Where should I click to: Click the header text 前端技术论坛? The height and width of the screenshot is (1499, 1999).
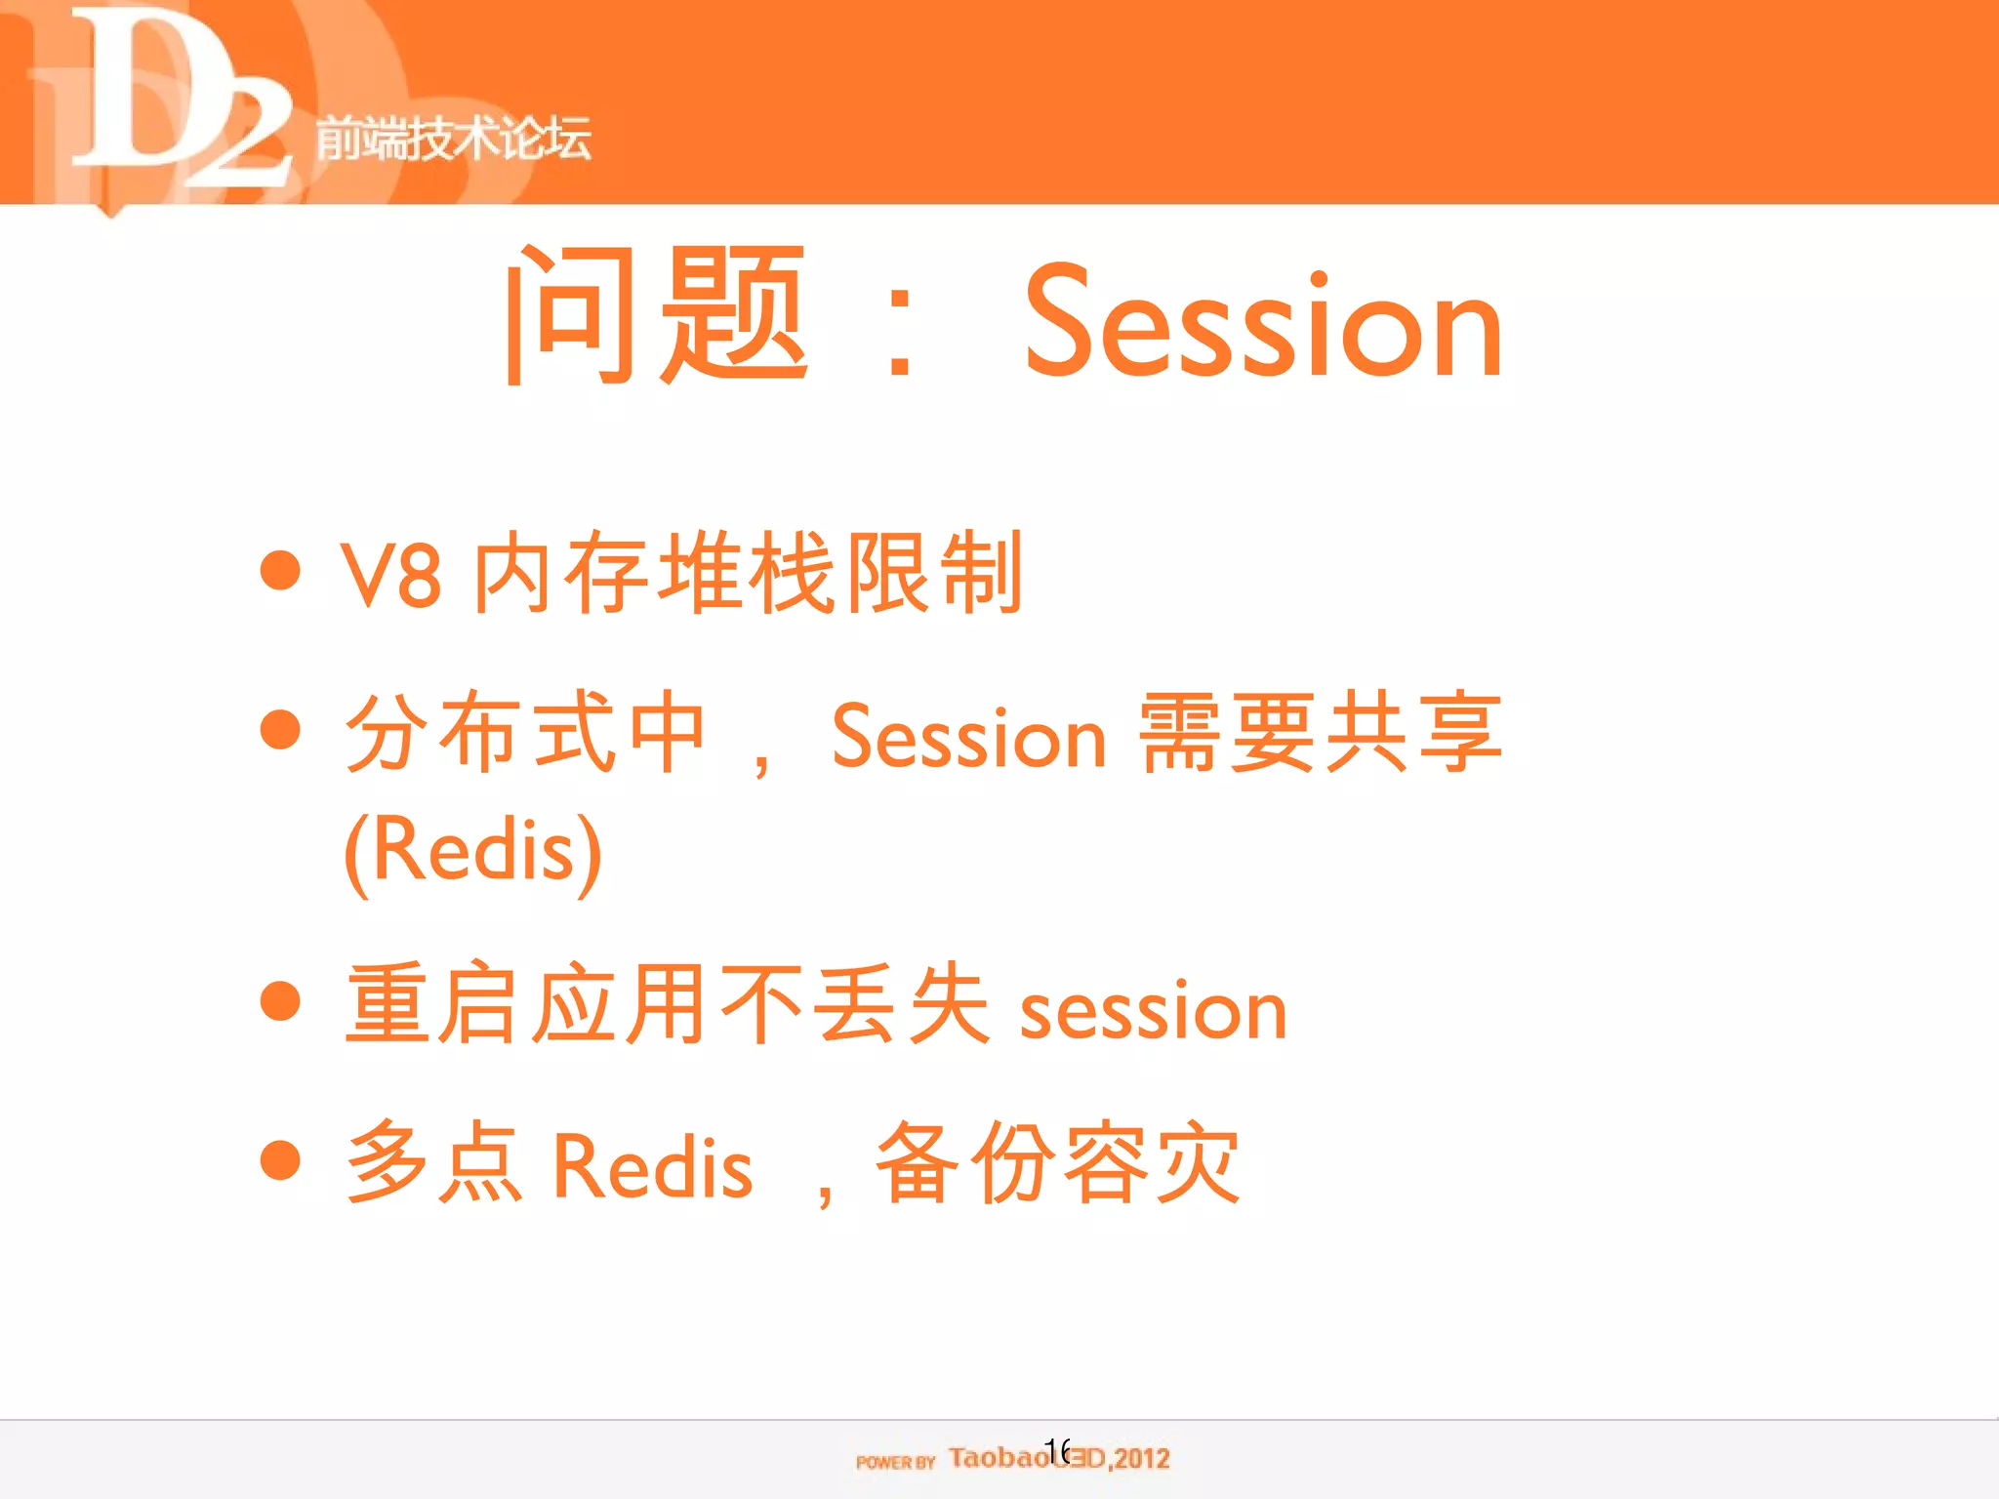[453, 137]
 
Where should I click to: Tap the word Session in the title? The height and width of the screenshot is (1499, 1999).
[1263, 322]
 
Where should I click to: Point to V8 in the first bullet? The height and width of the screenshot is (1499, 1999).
[390, 576]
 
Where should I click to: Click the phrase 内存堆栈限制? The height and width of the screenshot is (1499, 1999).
[748, 574]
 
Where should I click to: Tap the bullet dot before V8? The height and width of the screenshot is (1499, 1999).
[280, 570]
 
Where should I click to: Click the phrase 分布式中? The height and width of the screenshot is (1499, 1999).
[525, 732]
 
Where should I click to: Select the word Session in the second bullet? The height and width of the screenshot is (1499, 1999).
[968, 738]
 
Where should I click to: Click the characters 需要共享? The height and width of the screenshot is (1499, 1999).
[1320, 732]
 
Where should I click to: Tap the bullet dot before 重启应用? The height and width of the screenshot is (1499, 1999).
[280, 1001]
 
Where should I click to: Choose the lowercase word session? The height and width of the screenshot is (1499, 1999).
[1154, 1011]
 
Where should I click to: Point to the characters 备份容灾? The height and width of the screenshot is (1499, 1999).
[1058, 1163]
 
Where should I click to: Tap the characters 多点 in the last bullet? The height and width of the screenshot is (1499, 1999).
[435, 1163]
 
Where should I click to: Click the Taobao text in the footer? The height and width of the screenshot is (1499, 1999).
[998, 1458]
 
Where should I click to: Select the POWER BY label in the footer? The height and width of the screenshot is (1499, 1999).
[895, 1462]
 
